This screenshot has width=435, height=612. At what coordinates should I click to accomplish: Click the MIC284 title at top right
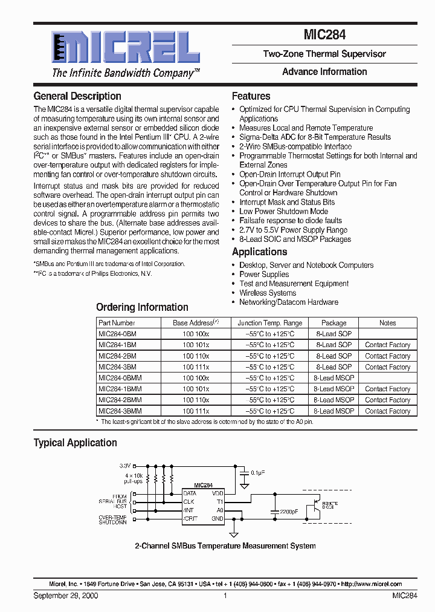coord(324,35)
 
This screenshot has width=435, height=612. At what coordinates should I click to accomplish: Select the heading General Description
coord(77,96)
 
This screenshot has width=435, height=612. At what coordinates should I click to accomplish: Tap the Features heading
coord(251,96)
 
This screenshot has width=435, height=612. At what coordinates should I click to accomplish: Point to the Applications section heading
coord(259,252)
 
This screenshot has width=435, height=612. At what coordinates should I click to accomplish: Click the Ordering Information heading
coord(142,307)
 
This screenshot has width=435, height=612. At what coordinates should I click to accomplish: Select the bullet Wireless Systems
coord(268,293)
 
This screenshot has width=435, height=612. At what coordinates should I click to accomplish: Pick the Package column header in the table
coord(333,323)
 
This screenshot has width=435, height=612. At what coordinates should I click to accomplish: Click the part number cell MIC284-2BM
coord(117,356)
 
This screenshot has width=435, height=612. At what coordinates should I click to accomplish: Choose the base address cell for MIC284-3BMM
coord(196,411)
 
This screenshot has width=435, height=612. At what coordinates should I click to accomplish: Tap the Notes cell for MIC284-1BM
coord(387,345)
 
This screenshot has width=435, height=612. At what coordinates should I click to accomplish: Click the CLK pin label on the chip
coord(188,501)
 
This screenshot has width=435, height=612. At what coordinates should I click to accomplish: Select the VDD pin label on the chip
coord(217,493)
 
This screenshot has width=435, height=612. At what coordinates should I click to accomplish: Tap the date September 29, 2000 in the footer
coord(66,596)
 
